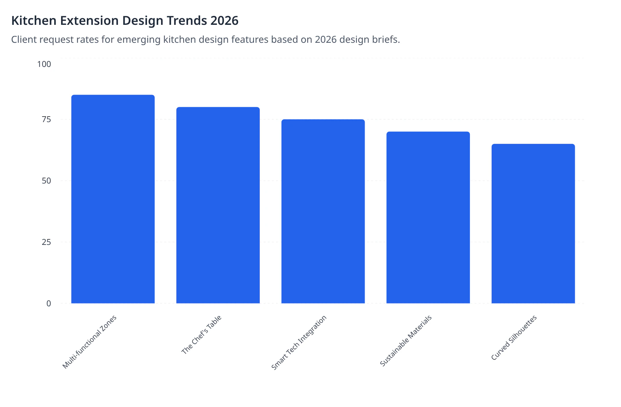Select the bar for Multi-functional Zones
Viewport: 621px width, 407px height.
pos(113,199)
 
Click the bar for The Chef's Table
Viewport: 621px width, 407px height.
pos(218,205)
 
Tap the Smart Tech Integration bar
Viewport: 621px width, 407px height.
pos(323,211)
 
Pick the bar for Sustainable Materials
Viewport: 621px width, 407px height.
pos(428,217)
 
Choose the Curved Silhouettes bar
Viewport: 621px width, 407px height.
pos(533,224)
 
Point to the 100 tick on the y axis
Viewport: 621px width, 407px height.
pos(44,64)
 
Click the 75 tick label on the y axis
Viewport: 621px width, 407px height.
pos(46,119)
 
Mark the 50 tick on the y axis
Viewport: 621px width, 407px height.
pos(46,181)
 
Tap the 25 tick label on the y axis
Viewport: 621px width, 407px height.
pos(46,242)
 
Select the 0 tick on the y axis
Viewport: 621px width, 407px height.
pos(49,304)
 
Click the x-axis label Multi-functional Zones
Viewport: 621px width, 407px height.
pos(90,342)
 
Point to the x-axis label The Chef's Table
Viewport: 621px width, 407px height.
pos(201,334)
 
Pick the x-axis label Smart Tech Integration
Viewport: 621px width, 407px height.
pos(299,343)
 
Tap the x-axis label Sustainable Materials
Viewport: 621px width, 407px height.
pos(406,341)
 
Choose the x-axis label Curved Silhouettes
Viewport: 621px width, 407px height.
pos(514,338)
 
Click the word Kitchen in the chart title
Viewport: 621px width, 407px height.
pos(34,21)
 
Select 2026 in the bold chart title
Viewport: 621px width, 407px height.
pos(224,21)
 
